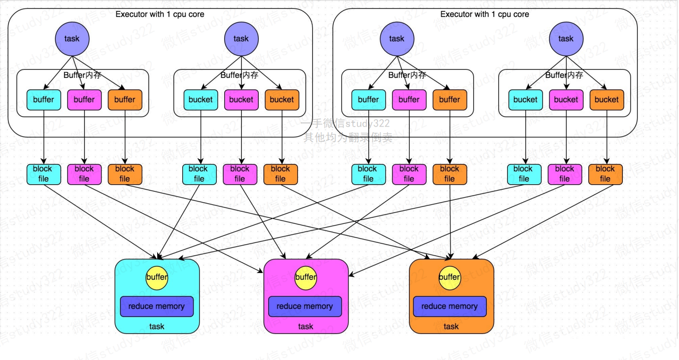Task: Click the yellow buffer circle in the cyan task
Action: click(157, 278)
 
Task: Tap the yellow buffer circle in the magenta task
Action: click(306, 278)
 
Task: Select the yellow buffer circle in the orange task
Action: click(450, 278)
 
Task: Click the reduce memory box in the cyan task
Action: click(157, 306)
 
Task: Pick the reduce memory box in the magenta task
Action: click(305, 306)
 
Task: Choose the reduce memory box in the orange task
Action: click(450, 306)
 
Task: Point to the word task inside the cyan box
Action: click(157, 326)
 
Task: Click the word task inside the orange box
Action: click(451, 326)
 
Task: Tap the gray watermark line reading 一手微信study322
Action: click(346, 123)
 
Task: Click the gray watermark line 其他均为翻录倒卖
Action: click(348, 137)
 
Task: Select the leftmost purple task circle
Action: click(72, 39)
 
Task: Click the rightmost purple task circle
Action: click(566, 39)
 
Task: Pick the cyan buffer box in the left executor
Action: click(43, 100)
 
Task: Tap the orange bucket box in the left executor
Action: click(282, 100)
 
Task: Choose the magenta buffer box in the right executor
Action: click(409, 100)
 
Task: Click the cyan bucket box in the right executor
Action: click(526, 100)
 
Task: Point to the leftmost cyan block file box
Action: click(43, 174)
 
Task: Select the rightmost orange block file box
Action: click(605, 174)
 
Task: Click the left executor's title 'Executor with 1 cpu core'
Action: click(160, 14)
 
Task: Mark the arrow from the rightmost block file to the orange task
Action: click(543, 222)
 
